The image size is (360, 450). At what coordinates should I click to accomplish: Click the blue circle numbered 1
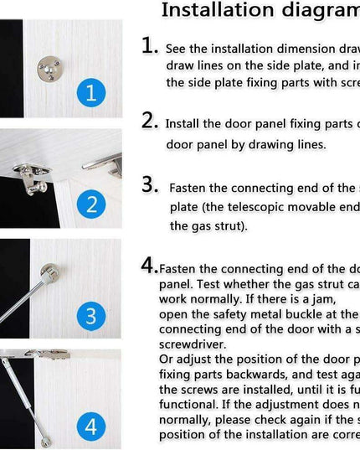click(91, 91)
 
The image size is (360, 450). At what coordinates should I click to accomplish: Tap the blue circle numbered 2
click(91, 204)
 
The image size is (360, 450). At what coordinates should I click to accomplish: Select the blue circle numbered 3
click(91, 316)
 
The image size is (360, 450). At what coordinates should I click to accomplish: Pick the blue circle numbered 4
click(91, 427)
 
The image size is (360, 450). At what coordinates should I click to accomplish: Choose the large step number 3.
click(150, 184)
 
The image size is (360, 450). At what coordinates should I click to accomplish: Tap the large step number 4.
click(149, 266)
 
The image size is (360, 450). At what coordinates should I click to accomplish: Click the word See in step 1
click(177, 49)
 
